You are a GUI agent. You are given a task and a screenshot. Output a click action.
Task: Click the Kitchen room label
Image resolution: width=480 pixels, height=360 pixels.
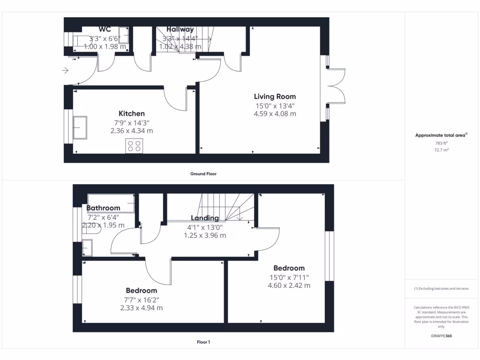pyautogui.click(x=131, y=113)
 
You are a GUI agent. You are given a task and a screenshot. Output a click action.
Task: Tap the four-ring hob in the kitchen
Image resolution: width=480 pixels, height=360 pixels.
pyautogui.click(x=134, y=146)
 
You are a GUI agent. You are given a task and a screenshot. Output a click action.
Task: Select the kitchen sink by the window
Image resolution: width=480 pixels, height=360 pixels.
pyautogui.click(x=80, y=127)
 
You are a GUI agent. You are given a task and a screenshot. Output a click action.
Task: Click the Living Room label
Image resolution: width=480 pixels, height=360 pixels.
pyautogui.click(x=275, y=97)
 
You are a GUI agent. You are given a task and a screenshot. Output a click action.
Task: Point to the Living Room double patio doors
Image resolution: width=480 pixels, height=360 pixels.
pyautogui.click(x=337, y=86)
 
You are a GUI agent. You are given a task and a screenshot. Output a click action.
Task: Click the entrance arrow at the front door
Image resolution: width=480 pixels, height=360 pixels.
pyautogui.click(x=65, y=71)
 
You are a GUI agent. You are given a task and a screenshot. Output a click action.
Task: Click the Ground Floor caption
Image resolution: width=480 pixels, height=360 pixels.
pyautogui.click(x=203, y=173)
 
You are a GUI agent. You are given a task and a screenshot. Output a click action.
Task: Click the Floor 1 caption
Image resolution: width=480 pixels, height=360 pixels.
pyautogui.click(x=203, y=342)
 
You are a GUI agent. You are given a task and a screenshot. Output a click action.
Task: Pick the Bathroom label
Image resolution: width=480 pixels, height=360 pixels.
pyautogui.click(x=103, y=208)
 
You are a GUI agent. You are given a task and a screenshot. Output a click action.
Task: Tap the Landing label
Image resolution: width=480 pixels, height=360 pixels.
pyautogui.click(x=205, y=218)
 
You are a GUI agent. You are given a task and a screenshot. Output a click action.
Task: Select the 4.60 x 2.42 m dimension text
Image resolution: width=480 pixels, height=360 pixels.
pyautogui.click(x=289, y=285)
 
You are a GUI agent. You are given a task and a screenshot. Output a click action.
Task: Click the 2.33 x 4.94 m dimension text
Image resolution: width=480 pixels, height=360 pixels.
pyautogui.click(x=141, y=308)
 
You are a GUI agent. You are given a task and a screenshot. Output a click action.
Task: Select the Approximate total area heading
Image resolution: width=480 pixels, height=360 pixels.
pyautogui.click(x=441, y=135)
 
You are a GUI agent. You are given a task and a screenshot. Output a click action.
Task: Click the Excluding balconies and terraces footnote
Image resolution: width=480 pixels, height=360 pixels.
pyautogui.click(x=441, y=289)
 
